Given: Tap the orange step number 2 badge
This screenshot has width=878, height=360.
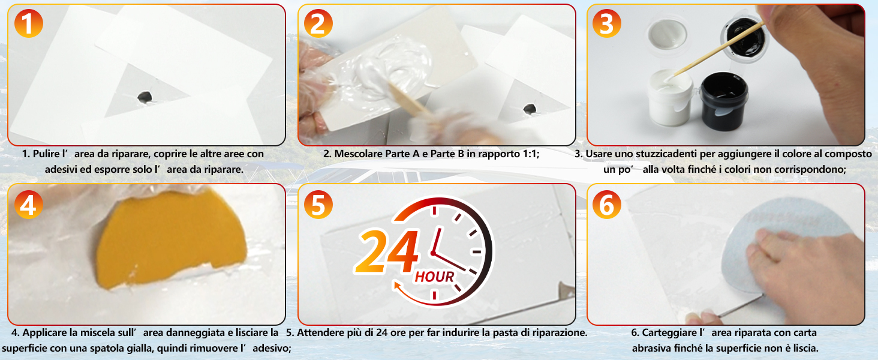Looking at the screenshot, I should coord(318,24).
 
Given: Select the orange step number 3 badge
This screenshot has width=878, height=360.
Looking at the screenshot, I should coord(606,24).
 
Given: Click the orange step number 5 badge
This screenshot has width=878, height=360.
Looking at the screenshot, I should coord(318,205).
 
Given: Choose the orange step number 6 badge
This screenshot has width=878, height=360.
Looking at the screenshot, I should coord(606,205).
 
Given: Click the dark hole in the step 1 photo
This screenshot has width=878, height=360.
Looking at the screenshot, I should coord(145,97).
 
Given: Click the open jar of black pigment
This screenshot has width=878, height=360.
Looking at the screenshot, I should coord(720,98).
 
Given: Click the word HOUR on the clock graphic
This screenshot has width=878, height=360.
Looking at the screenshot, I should coord(434,277).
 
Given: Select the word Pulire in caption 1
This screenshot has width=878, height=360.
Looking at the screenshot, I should coord(47,154).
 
